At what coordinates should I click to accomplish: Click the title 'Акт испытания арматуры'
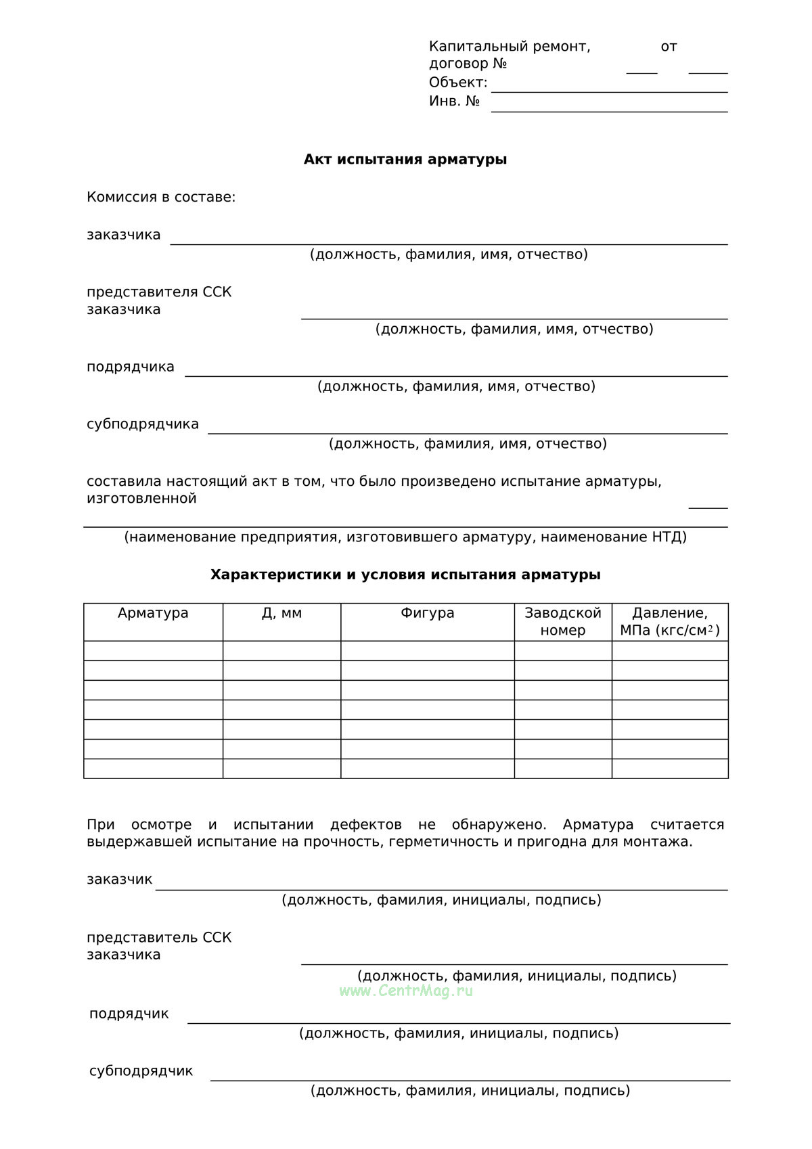[405, 160]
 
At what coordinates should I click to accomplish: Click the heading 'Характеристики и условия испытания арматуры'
[405, 574]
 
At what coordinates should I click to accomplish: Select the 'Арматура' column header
[153, 614]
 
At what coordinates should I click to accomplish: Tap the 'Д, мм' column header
[281, 614]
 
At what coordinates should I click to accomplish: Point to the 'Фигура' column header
[427, 614]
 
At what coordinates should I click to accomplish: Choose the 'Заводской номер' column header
[563, 622]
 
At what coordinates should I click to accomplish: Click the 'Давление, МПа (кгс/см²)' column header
[670, 622]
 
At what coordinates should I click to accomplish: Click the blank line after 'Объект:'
[609, 87]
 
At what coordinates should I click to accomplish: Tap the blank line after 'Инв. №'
[609, 106]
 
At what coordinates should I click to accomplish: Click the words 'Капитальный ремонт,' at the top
[510, 47]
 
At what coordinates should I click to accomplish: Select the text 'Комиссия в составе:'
[161, 198]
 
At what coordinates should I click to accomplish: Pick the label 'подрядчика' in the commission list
[131, 367]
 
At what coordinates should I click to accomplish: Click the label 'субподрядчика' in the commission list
[143, 424]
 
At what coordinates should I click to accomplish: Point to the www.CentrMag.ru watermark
[406, 991]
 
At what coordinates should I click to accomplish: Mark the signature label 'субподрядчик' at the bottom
[141, 1071]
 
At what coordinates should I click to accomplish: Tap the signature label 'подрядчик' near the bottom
[129, 1014]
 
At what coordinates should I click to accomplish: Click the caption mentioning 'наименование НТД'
[405, 537]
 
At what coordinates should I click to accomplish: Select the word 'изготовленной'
[141, 499]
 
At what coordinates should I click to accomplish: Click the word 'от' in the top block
[669, 47]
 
